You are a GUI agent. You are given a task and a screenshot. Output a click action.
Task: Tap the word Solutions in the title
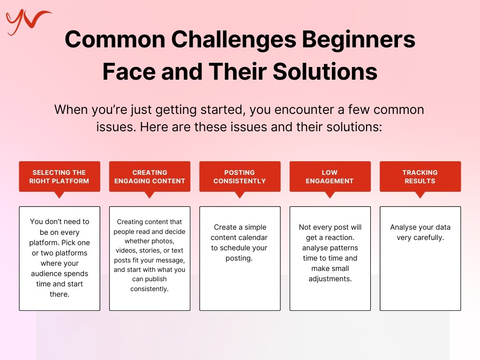tap(325, 71)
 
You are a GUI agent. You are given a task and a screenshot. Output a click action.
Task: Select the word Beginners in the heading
tap(359, 39)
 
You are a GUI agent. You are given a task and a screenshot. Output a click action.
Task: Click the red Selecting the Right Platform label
tap(60, 177)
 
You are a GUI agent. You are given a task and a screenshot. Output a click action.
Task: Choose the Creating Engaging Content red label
tap(150, 177)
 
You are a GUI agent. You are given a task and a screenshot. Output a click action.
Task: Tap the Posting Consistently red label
tap(240, 177)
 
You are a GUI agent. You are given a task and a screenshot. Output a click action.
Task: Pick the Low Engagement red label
tap(330, 177)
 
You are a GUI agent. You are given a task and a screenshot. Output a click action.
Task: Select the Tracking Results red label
tap(420, 177)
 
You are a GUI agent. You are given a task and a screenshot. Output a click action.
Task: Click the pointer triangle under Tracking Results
tap(420, 195)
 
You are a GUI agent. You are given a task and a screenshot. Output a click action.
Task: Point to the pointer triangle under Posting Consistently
tap(240, 195)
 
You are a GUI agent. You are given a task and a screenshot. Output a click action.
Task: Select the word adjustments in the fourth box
tap(330, 279)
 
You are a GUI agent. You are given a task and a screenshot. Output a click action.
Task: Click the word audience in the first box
tap(45, 274)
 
